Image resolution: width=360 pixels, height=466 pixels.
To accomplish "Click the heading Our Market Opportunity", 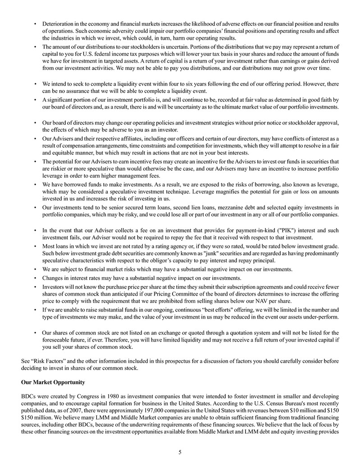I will [53, 382].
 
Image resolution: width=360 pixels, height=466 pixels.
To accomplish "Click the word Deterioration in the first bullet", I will [59, 23].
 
